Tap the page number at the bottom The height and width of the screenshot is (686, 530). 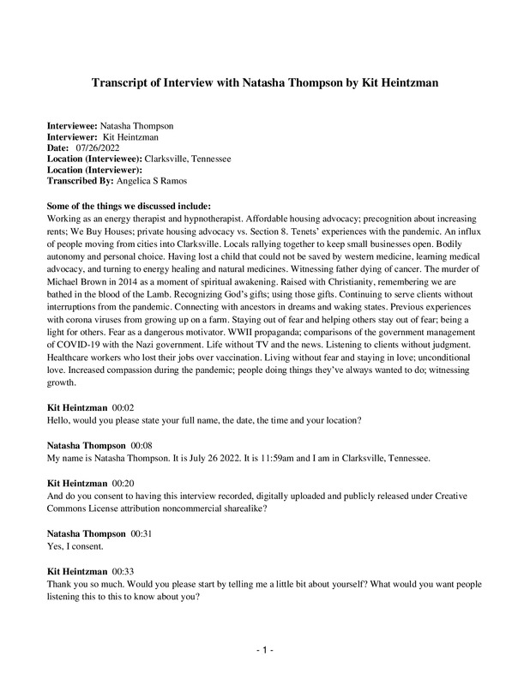point(265,652)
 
